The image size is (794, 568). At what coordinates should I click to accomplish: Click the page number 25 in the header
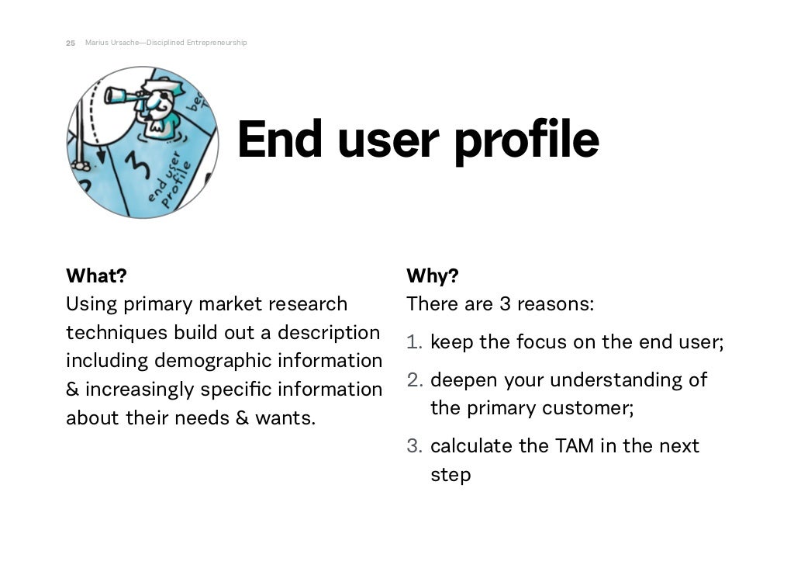coord(71,43)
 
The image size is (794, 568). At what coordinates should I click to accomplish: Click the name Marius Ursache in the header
coord(109,43)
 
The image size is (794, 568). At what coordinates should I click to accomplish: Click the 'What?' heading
coord(96,275)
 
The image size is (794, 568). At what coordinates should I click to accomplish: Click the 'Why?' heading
coord(432,275)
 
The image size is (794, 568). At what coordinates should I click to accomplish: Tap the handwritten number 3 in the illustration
coord(136,165)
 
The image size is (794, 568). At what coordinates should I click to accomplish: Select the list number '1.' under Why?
coord(415,342)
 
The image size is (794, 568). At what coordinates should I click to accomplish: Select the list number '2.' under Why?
coord(415,380)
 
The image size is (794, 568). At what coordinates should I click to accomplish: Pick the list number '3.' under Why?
coord(415,446)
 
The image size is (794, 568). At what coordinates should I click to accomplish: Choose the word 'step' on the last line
coord(451,475)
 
